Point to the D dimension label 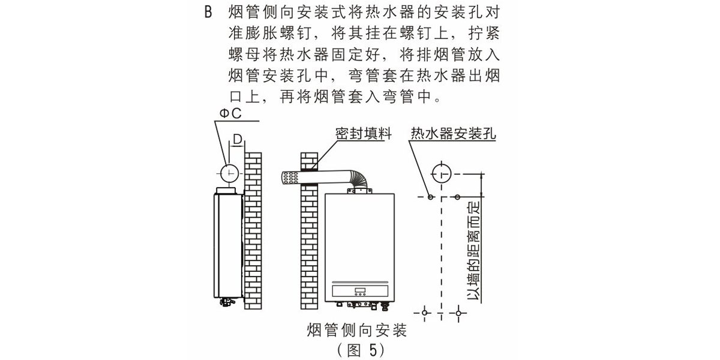(x=238, y=140)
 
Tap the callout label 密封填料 (x=363, y=133)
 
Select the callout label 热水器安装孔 (x=453, y=133)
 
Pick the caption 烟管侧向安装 (x=357, y=330)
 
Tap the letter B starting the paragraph (x=208, y=13)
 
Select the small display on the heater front (x=360, y=292)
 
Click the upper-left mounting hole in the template (x=430, y=197)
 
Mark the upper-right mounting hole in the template (x=458, y=197)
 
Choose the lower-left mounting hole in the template (x=425, y=313)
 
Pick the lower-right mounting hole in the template (x=459, y=313)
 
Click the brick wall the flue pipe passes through (x=308, y=240)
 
